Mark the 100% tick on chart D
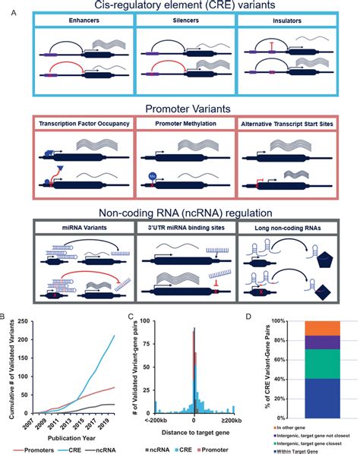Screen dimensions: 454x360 click(x=286, y=322)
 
